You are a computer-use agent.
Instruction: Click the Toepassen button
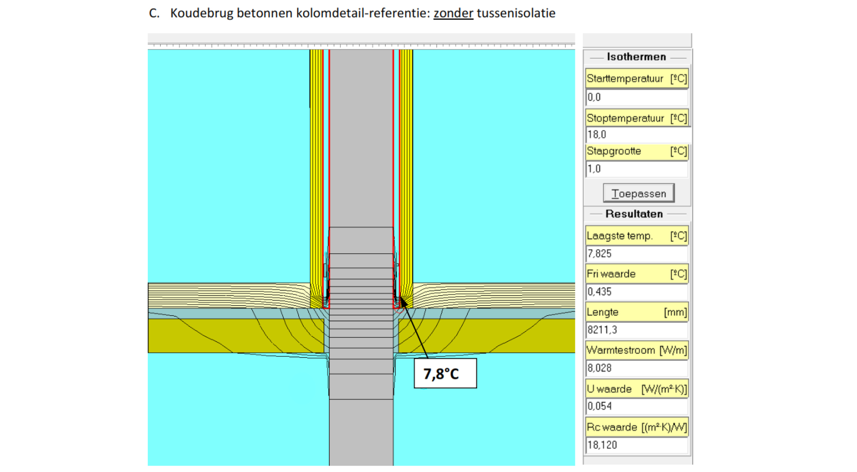[638, 193]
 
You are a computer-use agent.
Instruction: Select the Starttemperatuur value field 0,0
[637, 97]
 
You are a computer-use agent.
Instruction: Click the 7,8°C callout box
[445, 373]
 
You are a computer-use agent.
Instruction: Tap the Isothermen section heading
[636, 57]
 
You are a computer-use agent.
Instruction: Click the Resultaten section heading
[634, 214]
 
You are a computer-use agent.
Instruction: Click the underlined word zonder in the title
[453, 13]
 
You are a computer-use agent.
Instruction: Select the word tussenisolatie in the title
[516, 13]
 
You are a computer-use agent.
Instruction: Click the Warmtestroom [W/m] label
[637, 350]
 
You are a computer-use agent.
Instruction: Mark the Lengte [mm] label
[637, 312]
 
